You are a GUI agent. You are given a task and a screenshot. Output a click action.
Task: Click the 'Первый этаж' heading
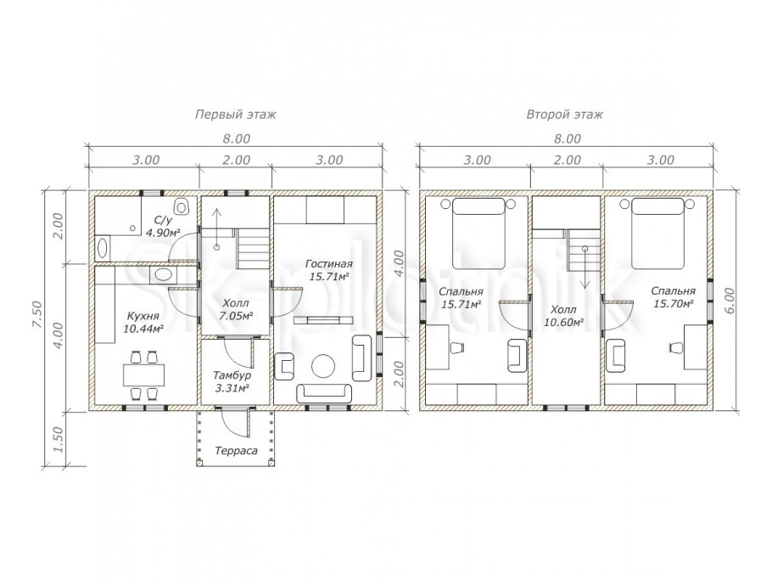(236, 115)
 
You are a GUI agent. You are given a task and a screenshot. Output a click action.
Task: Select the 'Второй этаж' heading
(565, 115)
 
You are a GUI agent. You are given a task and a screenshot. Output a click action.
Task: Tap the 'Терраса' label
(236, 450)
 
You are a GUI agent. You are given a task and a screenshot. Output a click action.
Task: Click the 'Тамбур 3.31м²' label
(232, 381)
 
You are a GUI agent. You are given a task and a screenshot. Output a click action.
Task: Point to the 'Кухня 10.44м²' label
(143, 322)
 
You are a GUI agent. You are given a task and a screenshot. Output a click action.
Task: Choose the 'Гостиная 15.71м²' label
(328, 270)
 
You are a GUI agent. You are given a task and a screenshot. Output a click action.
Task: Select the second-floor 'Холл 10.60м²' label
(563, 316)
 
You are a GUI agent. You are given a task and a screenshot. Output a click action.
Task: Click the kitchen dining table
(143, 375)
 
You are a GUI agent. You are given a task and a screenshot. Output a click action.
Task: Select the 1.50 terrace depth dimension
(58, 440)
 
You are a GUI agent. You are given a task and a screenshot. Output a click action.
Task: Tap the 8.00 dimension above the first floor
(237, 139)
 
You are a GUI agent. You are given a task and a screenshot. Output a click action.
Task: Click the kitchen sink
(161, 274)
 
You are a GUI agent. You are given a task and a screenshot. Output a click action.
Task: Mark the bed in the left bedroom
(478, 234)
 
